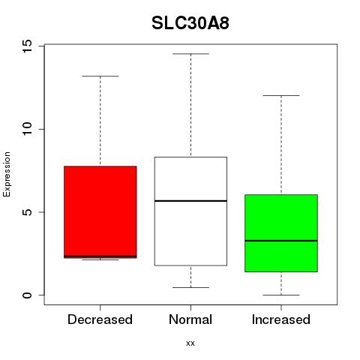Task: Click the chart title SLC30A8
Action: pos(190,23)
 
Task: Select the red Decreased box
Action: pos(100,212)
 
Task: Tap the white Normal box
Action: pos(190,211)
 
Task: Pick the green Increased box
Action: pos(281,233)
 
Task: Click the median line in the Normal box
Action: pos(190,201)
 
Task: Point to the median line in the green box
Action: pos(281,241)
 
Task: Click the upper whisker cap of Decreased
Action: pos(100,76)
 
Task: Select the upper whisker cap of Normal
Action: pos(190,54)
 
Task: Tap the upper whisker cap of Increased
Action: pos(281,95)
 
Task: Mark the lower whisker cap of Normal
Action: pos(190,287)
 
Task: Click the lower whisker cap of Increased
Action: pos(281,295)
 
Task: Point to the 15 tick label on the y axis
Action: pos(27,46)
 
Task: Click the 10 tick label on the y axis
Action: pos(27,129)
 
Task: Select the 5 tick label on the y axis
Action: pos(27,212)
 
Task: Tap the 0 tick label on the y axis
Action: pos(27,295)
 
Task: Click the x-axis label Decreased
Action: pos(100,319)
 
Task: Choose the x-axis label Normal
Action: pos(190,319)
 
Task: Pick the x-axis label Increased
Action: pos(281,319)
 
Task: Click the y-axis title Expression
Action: pos(7,174)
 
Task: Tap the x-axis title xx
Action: pos(190,343)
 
